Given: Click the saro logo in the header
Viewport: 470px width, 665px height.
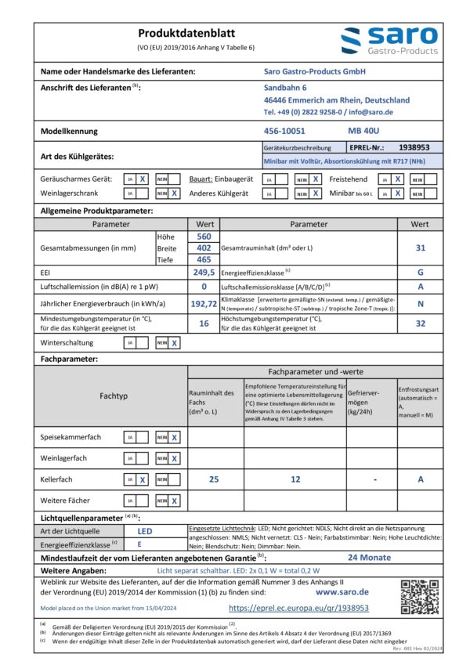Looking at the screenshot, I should tap(389, 41).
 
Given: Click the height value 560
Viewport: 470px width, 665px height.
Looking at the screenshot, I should tap(204, 237).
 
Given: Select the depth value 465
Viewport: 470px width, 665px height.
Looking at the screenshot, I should tap(204, 258).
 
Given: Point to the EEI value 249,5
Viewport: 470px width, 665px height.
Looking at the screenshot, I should tap(204, 272).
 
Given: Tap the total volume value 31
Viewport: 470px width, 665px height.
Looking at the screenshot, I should tap(419, 248).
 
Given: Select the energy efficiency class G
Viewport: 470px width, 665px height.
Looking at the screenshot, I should tap(420, 272).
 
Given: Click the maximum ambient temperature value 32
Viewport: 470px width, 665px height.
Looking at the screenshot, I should tap(420, 323).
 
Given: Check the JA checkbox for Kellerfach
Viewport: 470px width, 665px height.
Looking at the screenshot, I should tap(143, 479).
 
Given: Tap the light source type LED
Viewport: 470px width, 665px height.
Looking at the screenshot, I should tap(145, 531).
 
